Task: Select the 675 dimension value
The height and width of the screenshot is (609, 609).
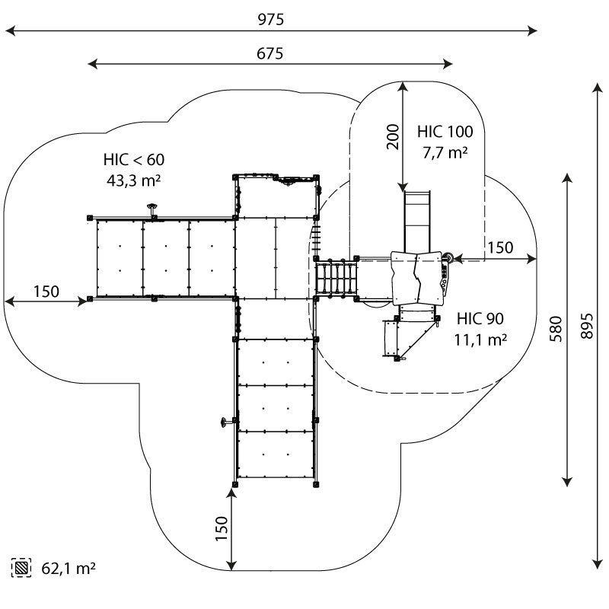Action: (270, 53)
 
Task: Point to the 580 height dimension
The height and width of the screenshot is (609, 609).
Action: (556, 327)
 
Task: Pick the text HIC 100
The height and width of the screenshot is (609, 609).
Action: (445, 131)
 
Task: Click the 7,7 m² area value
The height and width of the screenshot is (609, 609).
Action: (445, 152)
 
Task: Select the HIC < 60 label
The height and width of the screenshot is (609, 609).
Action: (134, 160)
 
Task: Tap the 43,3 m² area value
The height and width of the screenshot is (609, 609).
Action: (134, 181)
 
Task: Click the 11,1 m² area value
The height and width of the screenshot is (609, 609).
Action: (480, 340)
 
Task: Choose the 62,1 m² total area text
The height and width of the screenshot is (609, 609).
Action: (68, 567)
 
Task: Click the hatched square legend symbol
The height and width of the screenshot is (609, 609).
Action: (21, 567)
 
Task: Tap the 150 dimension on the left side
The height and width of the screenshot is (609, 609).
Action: (46, 291)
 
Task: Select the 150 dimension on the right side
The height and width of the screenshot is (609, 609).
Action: (500, 247)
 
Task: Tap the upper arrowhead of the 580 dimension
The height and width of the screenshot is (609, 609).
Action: (567, 179)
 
